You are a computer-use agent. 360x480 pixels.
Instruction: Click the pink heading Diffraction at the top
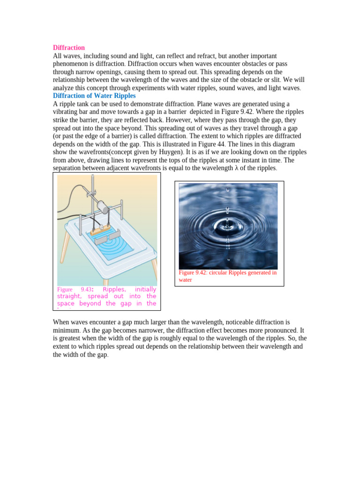click(69, 48)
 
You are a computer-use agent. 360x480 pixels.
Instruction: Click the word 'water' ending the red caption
click(186, 280)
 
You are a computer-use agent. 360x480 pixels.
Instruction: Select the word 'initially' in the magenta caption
click(145, 290)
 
